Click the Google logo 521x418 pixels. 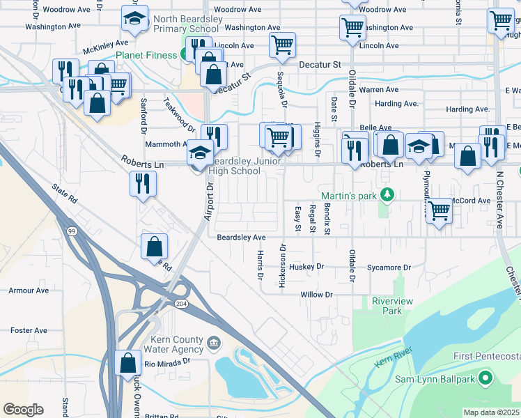point(23,410)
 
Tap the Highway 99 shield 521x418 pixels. point(71,231)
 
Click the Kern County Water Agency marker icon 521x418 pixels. point(214,341)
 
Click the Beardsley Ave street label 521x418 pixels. point(241,238)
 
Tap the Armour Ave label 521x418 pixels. point(29,290)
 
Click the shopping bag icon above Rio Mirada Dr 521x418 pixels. point(127,362)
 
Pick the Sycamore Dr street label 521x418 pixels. point(389,268)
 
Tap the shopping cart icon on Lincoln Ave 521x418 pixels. point(282,45)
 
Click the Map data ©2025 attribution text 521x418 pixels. point(491,412)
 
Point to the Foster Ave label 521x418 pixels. point(29,330)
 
